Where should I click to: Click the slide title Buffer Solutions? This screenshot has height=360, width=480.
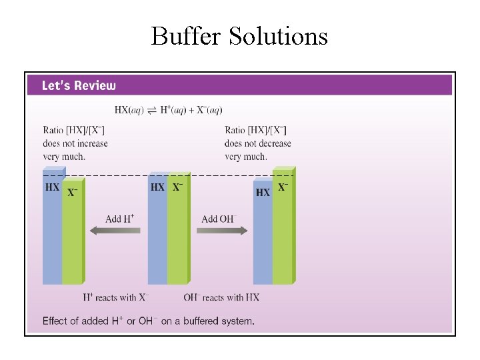pos(239,35)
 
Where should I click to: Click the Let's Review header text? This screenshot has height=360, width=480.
pos(79,85)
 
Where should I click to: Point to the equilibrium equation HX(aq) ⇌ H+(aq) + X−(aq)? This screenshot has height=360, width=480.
pos(168,110)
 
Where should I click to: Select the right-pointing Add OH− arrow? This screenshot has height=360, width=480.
pos(222,231)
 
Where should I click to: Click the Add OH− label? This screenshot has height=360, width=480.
pos(219,219)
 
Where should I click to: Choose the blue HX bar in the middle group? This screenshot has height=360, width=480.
pos(157,240)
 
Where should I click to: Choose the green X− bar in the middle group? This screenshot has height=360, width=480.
pos(177,240)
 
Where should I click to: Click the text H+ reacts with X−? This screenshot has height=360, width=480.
pos(116,297)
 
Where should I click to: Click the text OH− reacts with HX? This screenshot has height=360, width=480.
pos(221,297)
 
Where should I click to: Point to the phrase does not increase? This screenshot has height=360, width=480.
pos(75,143)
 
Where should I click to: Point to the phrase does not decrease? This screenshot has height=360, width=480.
pos(258,143)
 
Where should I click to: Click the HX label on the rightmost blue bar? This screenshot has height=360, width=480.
pos(263,192)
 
